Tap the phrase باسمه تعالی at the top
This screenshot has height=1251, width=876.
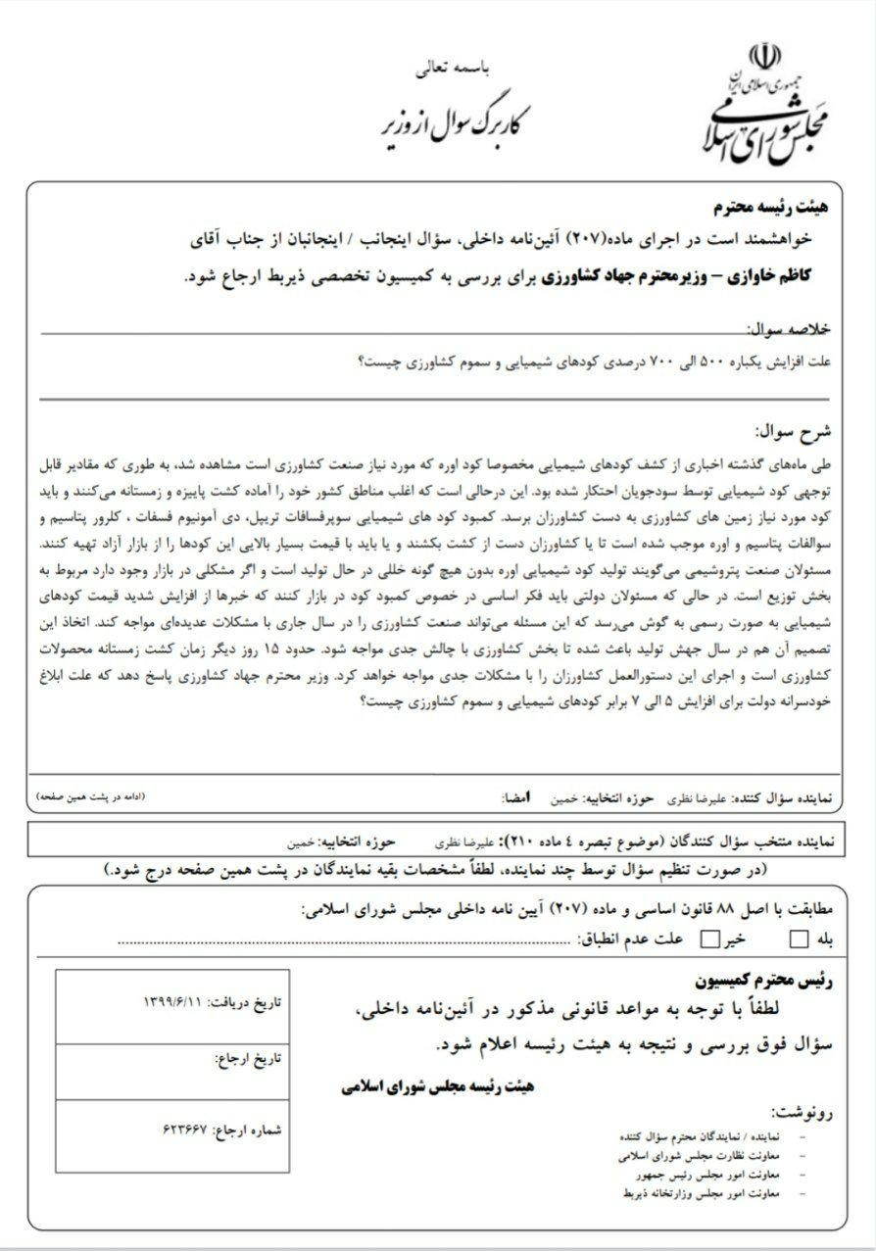460,70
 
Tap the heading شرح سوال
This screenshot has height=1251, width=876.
795,430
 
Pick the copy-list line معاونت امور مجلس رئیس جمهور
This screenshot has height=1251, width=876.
701,1174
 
